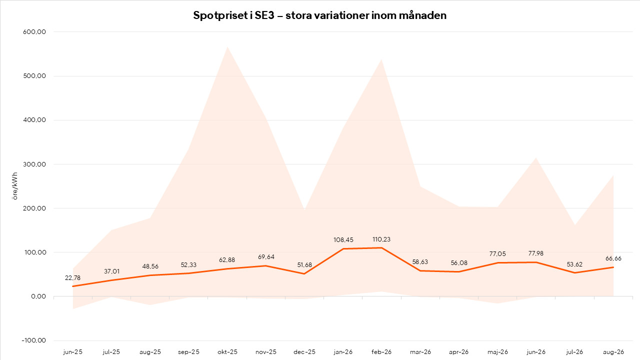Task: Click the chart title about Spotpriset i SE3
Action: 319,15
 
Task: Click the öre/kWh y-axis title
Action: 15,186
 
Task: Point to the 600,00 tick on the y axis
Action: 34,31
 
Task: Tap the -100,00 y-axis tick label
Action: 33,340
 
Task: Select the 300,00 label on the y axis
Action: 34,164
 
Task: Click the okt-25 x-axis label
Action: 227,351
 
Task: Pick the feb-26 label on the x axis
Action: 381,351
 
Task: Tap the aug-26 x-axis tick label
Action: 613,352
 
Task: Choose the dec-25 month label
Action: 304,351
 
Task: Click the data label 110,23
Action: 381,239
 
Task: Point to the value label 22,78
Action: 73,277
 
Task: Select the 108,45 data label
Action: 343,239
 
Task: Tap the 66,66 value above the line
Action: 613,258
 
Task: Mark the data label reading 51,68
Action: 304,265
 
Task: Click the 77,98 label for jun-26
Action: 536,253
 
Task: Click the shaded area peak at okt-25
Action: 227,47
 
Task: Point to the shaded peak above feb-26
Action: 381,59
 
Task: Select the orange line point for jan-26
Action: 343,249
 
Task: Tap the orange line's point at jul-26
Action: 574,273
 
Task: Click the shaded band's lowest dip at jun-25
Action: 73,309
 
